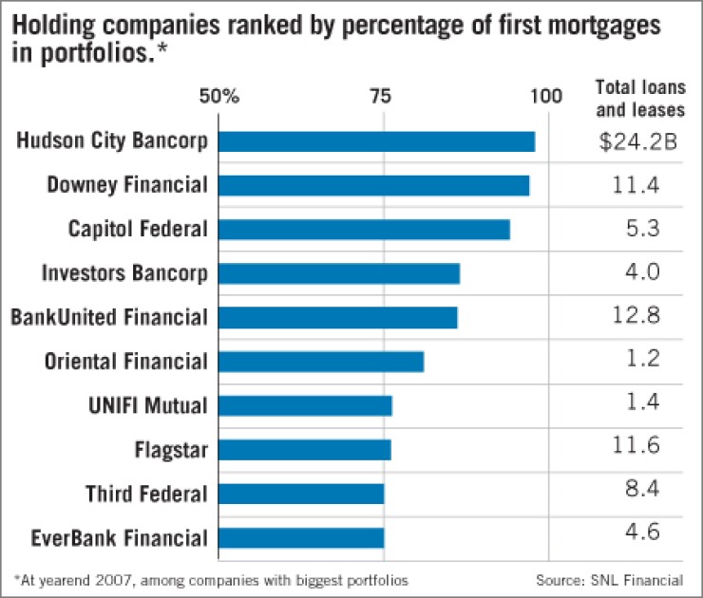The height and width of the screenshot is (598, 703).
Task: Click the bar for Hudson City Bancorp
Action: (376, 141)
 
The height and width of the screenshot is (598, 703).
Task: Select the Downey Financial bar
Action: (373, 185)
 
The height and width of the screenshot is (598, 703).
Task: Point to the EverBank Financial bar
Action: (301, 538)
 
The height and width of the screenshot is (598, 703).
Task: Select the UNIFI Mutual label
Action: (146, 405)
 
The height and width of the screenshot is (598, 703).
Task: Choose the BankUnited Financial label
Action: (108, 317)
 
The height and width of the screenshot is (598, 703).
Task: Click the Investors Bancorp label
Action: (124, 273)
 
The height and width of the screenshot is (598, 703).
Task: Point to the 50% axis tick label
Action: (218, 96)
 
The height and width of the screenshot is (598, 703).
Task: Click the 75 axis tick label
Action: (383, 96)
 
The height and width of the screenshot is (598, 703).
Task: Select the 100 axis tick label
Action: (545, 96)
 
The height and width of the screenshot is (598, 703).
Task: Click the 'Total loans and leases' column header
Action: (639, 98)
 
